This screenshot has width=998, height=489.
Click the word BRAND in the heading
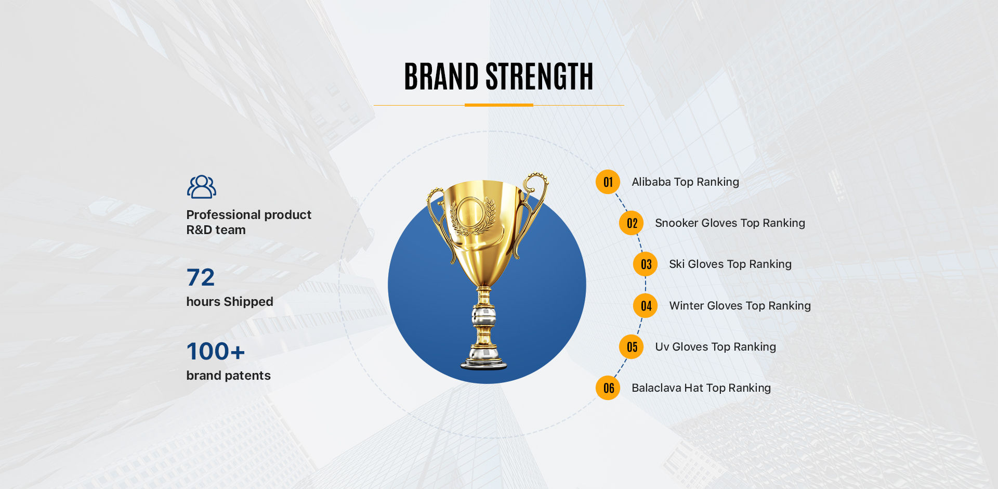click(x=441, y=76)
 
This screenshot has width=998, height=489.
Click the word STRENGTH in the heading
click(x=540, y=76)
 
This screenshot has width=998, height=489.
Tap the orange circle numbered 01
click(x=608, y=182)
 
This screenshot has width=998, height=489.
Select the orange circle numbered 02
click(x=632, y=223)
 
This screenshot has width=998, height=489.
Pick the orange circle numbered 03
click(x=646, y=264)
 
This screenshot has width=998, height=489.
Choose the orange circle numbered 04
click(x=646, y=306)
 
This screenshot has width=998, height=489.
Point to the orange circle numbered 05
click(x=632, y=347)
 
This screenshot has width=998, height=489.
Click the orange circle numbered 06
click(x=608, y=388)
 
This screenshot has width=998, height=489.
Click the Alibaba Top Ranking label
click(x=685, y=182)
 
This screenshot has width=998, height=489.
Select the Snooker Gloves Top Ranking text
click(x=730, y=223)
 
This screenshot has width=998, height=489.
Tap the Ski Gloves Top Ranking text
click(x=730, y=264)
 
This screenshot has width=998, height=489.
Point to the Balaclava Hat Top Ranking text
click(x=701, y=388)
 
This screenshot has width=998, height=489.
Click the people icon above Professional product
click(x=202, y=187)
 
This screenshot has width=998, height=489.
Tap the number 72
click(x=201, y=277)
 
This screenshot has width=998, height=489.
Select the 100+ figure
click(x=216, y=351)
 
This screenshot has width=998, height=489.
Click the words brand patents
click(x=229, y=376)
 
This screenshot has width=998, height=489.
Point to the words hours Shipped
click(x=230, y=302)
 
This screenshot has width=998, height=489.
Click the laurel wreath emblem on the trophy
click(x=472, y=215)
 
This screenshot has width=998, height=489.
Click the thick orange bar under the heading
click(x=499, y=105)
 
